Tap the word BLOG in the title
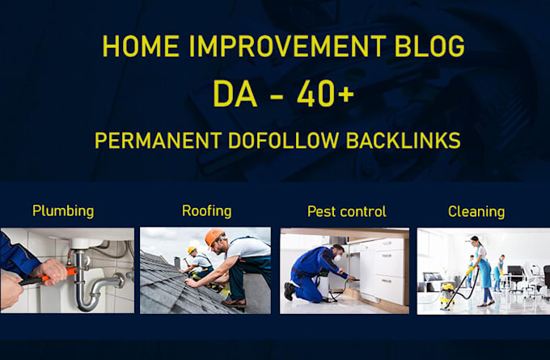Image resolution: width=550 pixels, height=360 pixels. (x=429, y=46)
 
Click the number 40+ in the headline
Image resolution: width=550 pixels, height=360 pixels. (x=325, y=94)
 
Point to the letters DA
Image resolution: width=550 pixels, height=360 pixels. (x=235, y=94)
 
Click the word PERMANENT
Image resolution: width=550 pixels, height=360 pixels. (x=159, y=140)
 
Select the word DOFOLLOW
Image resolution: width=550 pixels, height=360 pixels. (x=284, y=140)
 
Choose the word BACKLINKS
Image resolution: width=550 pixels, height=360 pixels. (x=404, y=140)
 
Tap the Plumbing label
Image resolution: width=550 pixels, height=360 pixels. (x=63, y=211)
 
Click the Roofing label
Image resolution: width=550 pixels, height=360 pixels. (x=206, y=211)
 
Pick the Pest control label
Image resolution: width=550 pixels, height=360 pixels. (x=346, y=212)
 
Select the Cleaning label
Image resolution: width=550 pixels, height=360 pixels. (x=476, y=212)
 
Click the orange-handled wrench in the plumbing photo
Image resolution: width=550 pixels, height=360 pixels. (x=49, y=276)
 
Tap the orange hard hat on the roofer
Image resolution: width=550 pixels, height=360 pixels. (x=214, y=236)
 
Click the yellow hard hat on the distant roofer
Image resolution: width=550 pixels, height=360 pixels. (x=192, y=250)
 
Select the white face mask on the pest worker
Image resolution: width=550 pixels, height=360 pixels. (x=338, y=257)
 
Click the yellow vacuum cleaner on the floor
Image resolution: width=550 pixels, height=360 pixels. (x=447, y=295)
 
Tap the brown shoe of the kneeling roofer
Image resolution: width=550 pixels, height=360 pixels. (x=234, y=303)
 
